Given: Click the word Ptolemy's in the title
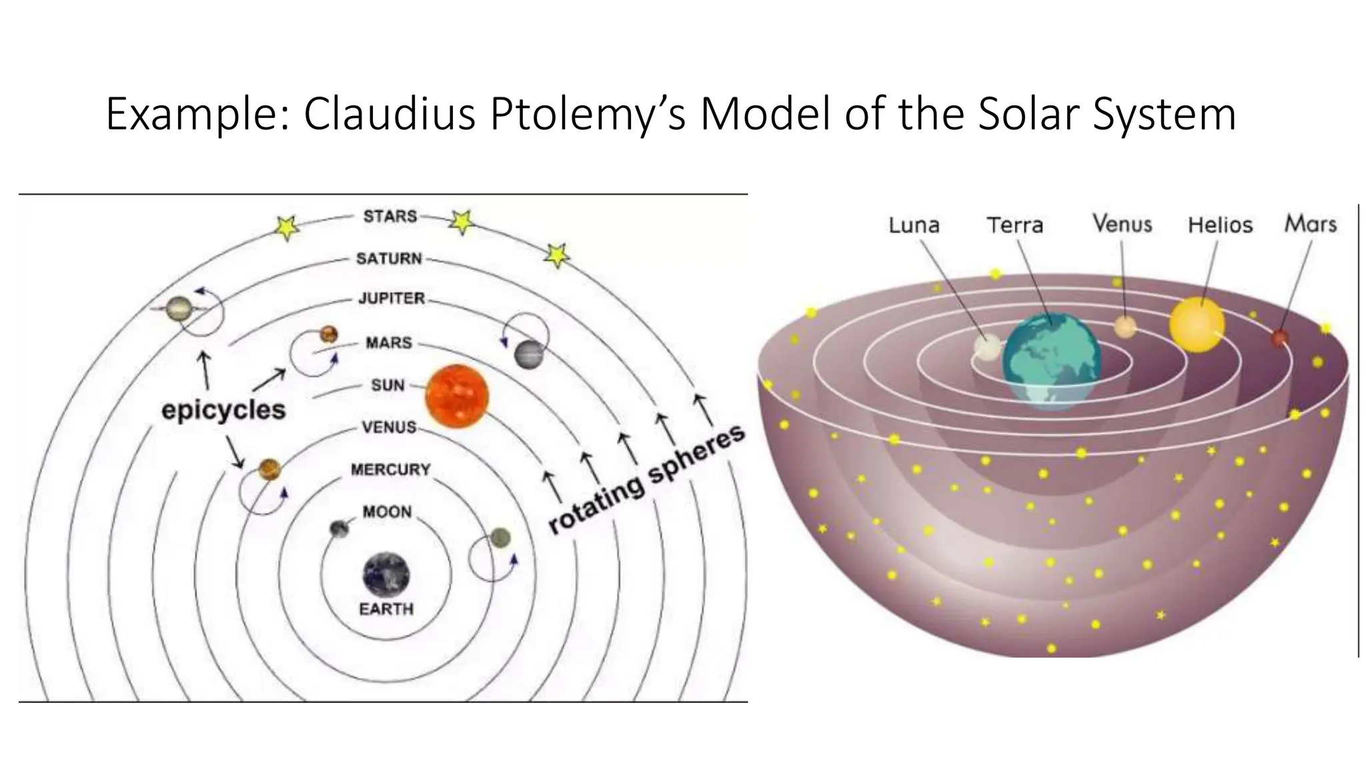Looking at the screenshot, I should (587, 115).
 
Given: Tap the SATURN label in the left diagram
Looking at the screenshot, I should (389, 259).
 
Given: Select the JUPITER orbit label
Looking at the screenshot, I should (392, 298).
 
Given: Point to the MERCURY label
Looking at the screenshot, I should (391, 470).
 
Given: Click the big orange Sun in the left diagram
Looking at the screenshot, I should (457, 396).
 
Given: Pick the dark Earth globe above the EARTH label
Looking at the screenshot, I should (386, 575).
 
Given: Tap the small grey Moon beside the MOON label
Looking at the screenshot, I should (339, 529).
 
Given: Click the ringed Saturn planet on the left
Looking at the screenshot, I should (179, 308).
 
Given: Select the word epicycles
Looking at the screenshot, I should (223, 409).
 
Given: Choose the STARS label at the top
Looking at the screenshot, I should (390, 216).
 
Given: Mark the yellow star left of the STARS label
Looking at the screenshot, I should (287, 228).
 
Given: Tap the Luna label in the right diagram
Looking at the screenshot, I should (914, 225).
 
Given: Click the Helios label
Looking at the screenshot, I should (1220, 225).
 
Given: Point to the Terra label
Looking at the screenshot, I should (1014, 225).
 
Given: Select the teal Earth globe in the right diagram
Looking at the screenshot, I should (1051, 361).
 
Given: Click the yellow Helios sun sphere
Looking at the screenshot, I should (1197, 325).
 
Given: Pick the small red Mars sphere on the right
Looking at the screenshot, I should (1279, 339).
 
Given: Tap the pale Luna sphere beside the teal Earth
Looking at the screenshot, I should (987, 347).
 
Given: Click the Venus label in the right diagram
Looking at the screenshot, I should (1122, 224).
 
